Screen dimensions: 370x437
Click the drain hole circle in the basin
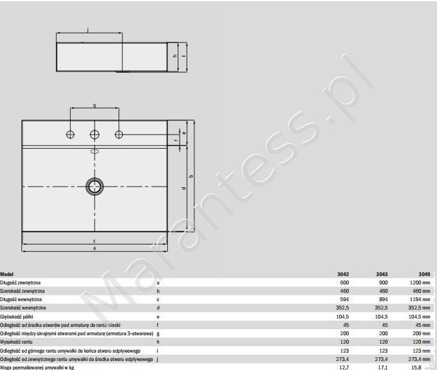94,185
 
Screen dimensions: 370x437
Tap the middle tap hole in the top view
95,134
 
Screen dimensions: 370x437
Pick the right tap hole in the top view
119,134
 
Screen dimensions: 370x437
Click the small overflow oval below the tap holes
95,152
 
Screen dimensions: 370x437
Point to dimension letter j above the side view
88,29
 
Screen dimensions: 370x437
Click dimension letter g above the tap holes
95,105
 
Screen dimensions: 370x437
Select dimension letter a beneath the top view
95,248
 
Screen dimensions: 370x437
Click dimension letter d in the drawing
184,188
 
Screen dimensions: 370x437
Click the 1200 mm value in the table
420,282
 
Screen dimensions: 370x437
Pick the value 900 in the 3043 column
382,282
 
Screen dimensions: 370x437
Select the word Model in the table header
8,273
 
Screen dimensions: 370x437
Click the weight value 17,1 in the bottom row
382,367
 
